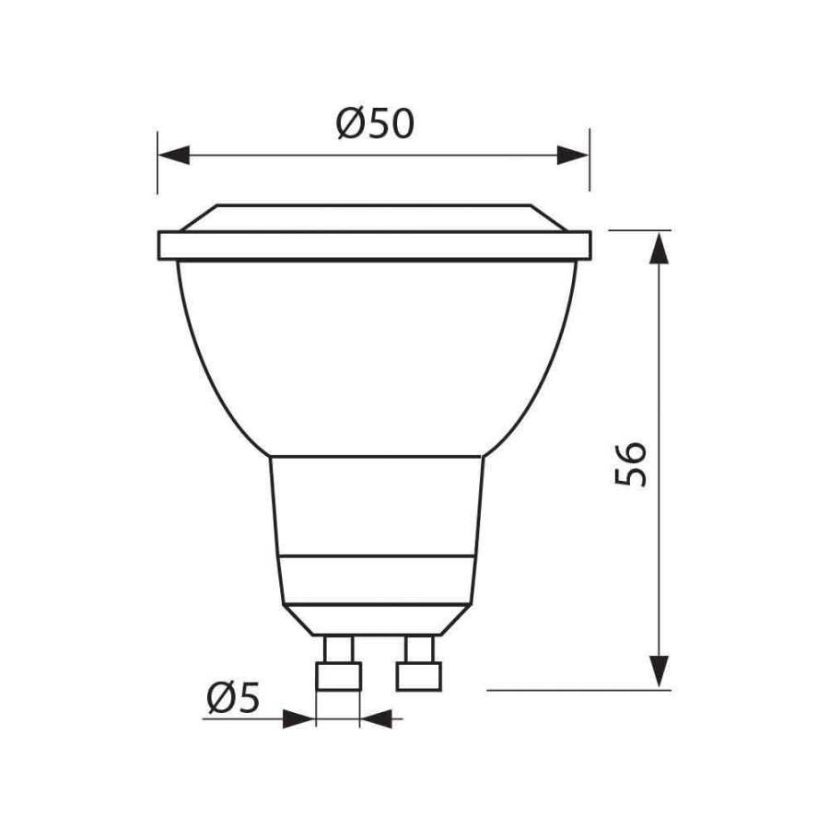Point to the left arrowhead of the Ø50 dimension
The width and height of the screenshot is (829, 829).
pyautogui.click(x=174, y=155)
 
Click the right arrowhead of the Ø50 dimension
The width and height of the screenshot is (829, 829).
pyautogui.click(x=572, y=155)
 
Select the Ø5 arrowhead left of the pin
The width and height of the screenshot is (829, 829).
pyautogui.click(x=298, y=717)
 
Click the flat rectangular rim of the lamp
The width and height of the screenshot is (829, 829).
pyautogui.click(x=374, y=245)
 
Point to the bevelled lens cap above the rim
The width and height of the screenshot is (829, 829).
pyautogui.click(x=374, y=217)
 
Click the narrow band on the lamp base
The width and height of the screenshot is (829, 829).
pyautogui.click(x=376, y=568)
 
